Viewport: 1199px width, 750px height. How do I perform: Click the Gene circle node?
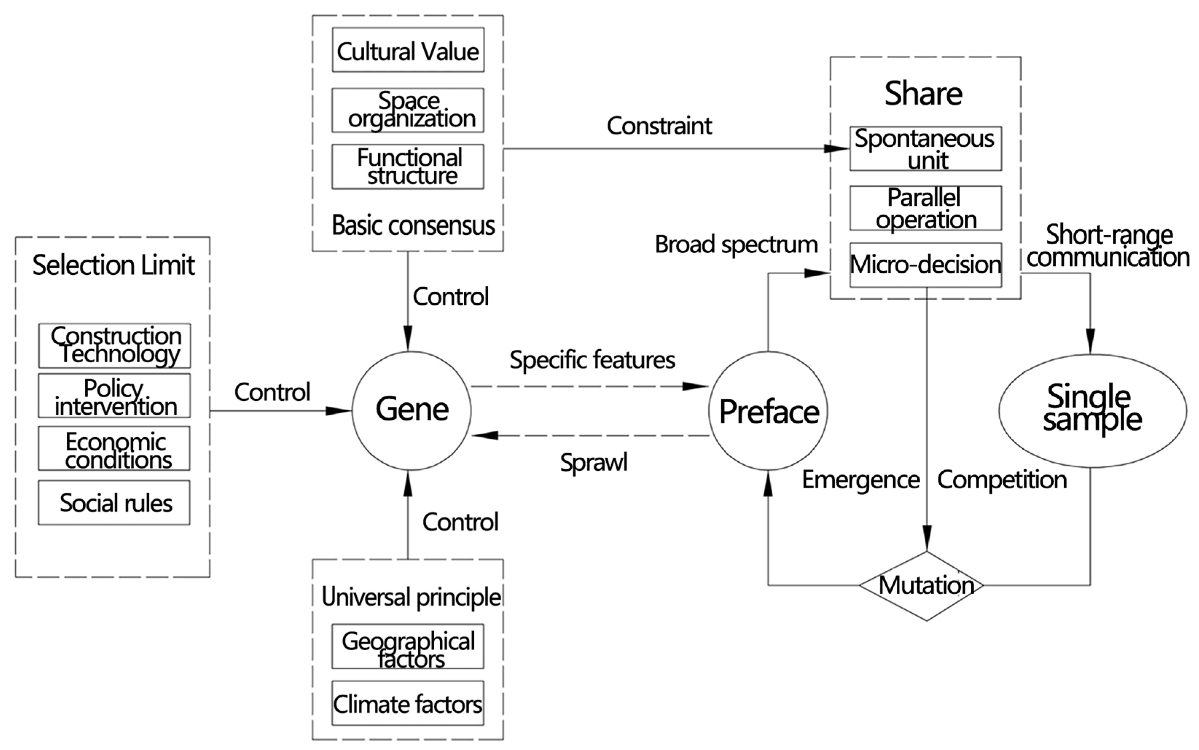[x=411, y=410]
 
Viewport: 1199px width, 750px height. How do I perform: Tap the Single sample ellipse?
[x=1092, y=410]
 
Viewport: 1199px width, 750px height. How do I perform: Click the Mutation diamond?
[x=926, y=585]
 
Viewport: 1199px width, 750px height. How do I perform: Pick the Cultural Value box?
[x=408, y=50]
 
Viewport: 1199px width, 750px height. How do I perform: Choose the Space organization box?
[x=408, y=110]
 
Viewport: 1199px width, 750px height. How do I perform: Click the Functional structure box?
[x=408, y=167]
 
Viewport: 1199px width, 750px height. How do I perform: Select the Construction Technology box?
[x=115, y=346]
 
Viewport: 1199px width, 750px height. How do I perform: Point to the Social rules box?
[x=115, y=503]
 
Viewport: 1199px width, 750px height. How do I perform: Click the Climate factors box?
[x=408, y=703]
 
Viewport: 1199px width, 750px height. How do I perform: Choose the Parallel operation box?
[x=925, y=208]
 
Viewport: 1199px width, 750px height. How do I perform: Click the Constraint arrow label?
[x=659, y=126]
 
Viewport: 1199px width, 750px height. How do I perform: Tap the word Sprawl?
[x=593, y=462]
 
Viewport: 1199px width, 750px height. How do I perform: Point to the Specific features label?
[x=592, y=360]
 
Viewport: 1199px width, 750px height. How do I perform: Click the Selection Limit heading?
[x=113, y=265]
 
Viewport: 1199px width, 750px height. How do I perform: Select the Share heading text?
[x=923, y=94]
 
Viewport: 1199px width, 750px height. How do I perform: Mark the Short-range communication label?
[x=1108, y=246]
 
